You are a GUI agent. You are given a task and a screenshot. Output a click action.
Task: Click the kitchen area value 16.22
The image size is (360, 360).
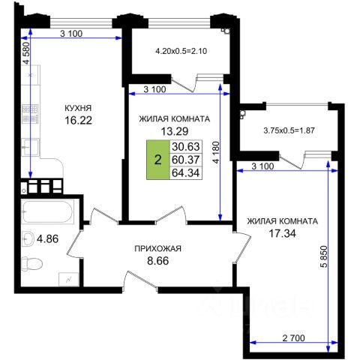coord(78,121)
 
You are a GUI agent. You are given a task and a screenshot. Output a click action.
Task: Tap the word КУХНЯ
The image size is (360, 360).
coord(78,108)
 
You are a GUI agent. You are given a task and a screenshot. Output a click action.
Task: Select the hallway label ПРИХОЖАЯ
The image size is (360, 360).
coord(157,248)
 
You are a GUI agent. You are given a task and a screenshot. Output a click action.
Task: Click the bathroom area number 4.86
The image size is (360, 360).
coord(47,239)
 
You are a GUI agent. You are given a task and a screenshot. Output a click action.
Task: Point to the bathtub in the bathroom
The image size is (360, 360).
coord(48,211)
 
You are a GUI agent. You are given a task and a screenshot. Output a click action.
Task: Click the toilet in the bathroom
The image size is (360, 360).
coord(31,263)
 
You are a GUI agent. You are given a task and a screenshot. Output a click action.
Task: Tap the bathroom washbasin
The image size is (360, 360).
coord(28,238)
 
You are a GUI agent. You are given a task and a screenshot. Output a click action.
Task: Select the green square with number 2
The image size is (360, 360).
coord(157,160)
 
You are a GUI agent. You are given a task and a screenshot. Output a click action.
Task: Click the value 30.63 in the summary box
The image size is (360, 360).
coord(186,146)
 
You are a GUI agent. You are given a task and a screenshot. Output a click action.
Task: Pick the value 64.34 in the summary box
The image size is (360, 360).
coord(186,173)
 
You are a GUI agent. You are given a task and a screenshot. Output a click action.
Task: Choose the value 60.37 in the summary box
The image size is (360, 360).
coord(186,160)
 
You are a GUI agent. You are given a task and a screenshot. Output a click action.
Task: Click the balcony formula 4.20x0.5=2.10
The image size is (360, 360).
coord(181,51)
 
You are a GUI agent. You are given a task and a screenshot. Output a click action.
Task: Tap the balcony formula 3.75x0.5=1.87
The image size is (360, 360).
coord(289,130)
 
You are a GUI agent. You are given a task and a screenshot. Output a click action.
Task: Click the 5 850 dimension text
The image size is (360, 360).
coord(324,257)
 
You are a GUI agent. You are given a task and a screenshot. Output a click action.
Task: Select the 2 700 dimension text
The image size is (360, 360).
coord(293,338)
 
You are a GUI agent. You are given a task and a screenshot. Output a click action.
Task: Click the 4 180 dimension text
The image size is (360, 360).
coord(216,153)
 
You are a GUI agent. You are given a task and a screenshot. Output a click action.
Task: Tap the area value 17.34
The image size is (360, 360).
coord(282,233)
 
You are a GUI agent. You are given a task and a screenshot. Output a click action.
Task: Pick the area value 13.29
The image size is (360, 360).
coord(175,131)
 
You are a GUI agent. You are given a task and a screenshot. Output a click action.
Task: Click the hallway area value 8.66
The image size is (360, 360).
coord(158,261)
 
